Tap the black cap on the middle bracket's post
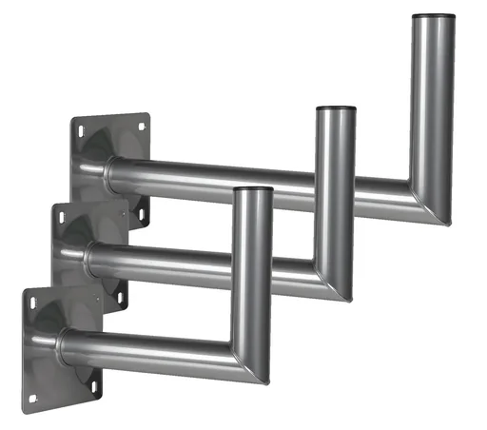(x=336, y=110)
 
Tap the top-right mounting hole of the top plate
(x=143, y=125)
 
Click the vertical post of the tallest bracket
(x=434, y=105)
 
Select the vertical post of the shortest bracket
(x=253, y=266)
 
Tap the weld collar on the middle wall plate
(x=90, y=258)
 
